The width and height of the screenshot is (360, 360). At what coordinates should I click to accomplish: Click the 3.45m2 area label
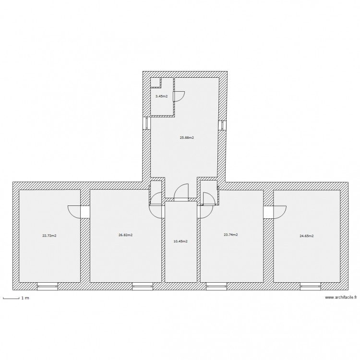(161, 96)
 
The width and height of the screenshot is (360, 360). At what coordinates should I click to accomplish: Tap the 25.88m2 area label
(187, 138)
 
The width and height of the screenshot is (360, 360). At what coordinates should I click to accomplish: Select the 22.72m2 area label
(49, 235)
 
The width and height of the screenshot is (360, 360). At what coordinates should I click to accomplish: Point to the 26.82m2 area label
(125, 235)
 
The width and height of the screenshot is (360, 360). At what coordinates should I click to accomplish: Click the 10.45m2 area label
(180, 241)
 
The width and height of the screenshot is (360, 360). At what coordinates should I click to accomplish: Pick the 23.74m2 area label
(230, 235)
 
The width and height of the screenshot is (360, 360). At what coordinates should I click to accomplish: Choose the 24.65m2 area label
(306, 236)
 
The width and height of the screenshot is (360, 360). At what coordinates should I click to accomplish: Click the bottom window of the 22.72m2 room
(48, 287)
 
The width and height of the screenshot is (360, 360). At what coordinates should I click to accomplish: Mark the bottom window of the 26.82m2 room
(143, 287)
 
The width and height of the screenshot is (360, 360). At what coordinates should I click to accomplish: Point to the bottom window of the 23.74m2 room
(216, 287)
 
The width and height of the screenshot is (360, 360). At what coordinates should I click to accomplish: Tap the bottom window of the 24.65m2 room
(311, 287)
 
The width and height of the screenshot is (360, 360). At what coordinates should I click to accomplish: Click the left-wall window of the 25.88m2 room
(146, 123)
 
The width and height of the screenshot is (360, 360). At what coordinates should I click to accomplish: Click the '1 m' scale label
(24, 299)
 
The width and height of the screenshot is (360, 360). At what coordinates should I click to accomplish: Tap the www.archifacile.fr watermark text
(341, 298)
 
